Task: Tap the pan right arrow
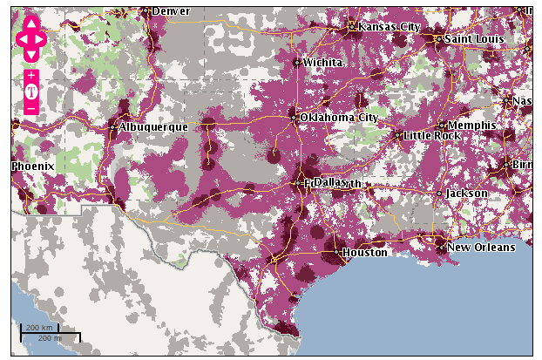[43, 39]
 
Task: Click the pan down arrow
[31, 55]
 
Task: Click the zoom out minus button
[31, 108]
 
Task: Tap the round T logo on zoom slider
[31, 92]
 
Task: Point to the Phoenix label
[33, 166]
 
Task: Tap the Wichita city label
[322, 63]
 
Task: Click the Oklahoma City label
[339, 117]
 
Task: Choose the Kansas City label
[390, 27]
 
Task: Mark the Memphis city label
[471, 126]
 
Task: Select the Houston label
[364, 253]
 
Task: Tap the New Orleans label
[481, 248]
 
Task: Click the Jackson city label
[467, 194]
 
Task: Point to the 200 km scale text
[40, 328]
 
